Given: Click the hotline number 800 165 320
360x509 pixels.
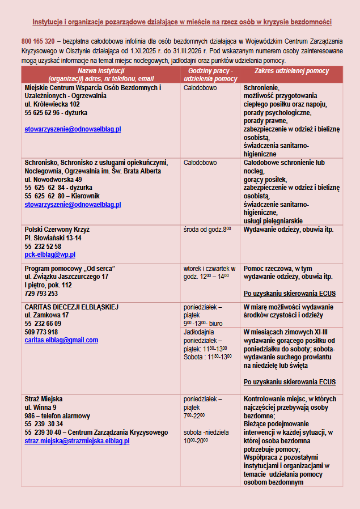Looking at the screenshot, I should pyautogui.click(x=38, y=41).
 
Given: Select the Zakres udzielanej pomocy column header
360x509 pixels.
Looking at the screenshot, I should pyautogui.click(x=291, y=70).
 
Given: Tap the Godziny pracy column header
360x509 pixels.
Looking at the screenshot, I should pyautogui.click(x=210, y=70).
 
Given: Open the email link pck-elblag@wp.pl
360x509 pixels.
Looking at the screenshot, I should pyautogui.click(x=50, y=255).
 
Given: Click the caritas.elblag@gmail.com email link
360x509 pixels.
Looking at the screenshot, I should pyautogui.click(x=61, y=340).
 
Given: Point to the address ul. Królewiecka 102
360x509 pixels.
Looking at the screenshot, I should pyautogui.click(x=52, y=104).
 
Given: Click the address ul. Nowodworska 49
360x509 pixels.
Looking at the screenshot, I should pyautogui.click(x=53, y=179).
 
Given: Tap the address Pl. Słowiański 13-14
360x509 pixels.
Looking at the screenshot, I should pyautogui.click(x=53, y=238).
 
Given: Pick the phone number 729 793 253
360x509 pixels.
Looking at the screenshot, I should pyautogui.click(x=41, y=294).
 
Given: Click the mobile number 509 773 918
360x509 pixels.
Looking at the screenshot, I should pyautogui.click(x=41, y=332).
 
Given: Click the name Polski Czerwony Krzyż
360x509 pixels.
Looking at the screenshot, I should pyautogui.click(x=57, y=230).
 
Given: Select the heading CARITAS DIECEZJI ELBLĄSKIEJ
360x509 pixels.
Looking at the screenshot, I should pyautogui.click(x=71, y=307).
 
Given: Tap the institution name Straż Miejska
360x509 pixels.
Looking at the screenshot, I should pyautogui.click(x=44, y=399).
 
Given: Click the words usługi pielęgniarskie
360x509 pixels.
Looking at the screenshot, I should pyautogui.click(x=273, y=220).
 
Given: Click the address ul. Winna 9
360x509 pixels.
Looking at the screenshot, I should pyautogui.click(x=40, y=407).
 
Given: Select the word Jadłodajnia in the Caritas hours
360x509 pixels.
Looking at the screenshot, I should pyautogui.click(x=199, y=333).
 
